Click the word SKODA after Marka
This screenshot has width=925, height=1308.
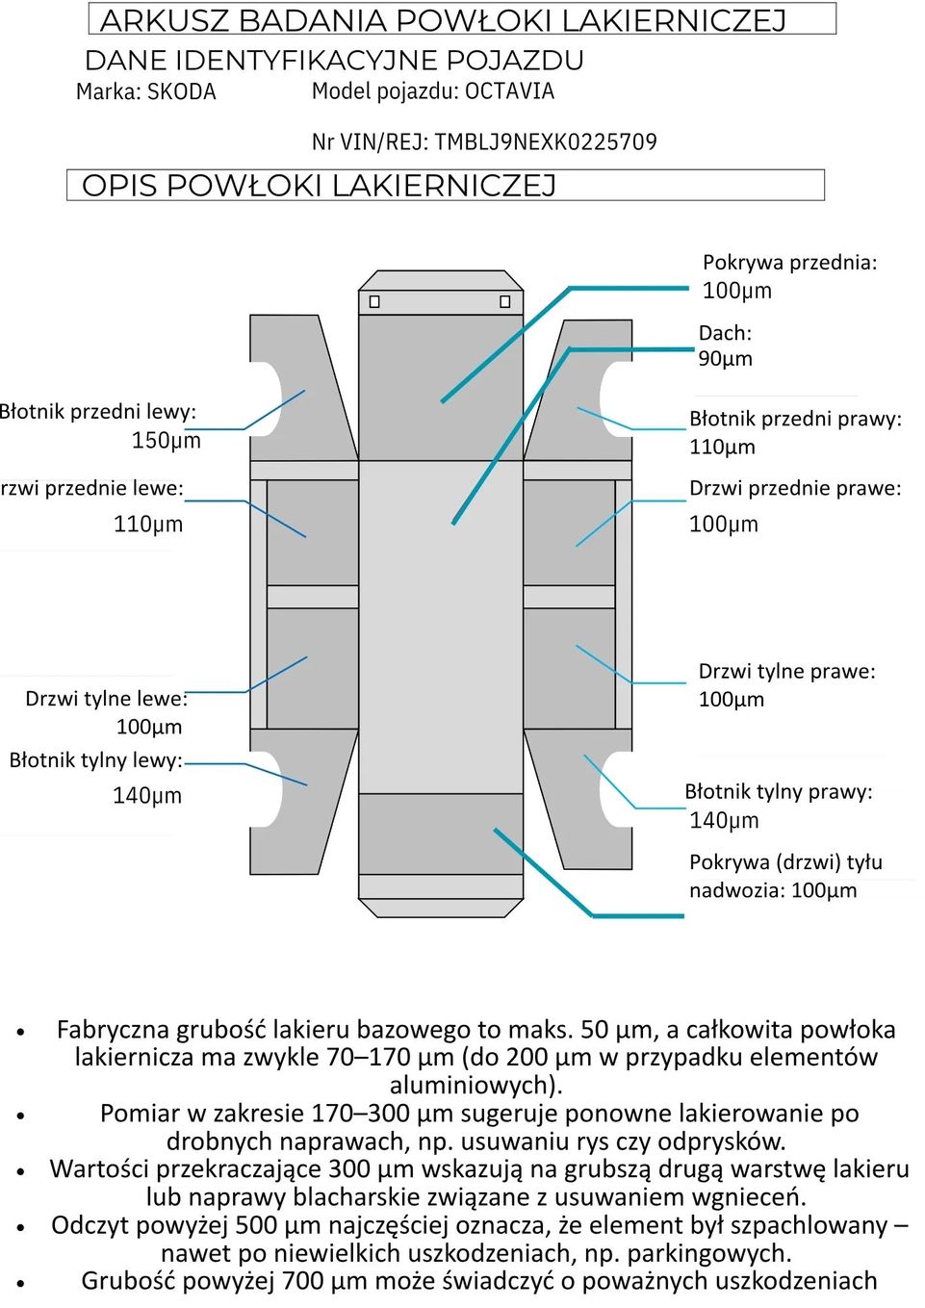pyautogui.click(x=182, y=92)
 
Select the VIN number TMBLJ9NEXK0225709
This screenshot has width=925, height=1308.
pyautogui.click(x=545, y=142)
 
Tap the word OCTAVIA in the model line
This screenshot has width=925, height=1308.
pyautogui.click(x=509, y=91)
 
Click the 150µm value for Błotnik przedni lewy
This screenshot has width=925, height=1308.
pyautogui.click(x=166, y=441)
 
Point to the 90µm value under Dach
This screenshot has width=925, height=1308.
pyautogui.click(x=725, y=359)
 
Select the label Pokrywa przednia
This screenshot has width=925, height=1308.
pyautogui.click(x=789, y=263)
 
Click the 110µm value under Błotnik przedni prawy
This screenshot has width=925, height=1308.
pyautogui.click(x=722, y=447)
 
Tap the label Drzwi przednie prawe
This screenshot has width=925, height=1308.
pyautogui.click(x=795, y=488)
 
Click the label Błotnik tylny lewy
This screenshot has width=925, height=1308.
pyautogui.click(x=95, y=760)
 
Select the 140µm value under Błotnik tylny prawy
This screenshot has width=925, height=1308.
pyautogui.click(x=724, y=821)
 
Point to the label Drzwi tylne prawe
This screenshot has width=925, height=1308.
pyautogui.click(x=786, y=671)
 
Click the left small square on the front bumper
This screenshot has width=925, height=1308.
pyautogui.click(x=374, y=302)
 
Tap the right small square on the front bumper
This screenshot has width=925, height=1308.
pyautogui.click(x=505, y=302)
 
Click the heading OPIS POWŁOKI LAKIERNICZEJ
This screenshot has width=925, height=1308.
pyautogui.click(x=319, y=186)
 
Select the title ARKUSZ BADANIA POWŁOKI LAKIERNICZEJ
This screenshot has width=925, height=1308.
pyautogui.click(x=444, y=20)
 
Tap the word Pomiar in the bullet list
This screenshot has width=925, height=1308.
pyautogui.click(x=139, y=1114)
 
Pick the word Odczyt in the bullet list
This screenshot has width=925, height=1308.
pyautogui.click(x=90, y=1225)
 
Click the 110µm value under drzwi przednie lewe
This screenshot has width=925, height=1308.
pyautogui.click(x=147, y=525)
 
